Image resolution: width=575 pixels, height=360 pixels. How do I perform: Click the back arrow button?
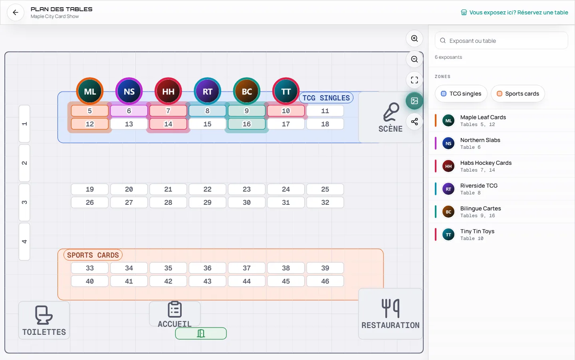point(16,12)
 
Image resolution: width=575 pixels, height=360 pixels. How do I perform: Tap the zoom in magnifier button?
point(414,38)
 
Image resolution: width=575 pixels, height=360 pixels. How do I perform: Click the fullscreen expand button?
point(414,80)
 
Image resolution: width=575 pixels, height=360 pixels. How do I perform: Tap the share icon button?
point(414,122)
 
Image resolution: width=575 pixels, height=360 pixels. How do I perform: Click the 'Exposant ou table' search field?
point(501,41)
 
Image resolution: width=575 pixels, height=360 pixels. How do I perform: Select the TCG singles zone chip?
point(461,94)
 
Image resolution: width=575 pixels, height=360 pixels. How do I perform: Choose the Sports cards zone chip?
point(518,94)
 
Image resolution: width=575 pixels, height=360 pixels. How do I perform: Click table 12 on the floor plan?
point(89,124)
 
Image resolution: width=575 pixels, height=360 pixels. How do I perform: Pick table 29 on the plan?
point(207,202)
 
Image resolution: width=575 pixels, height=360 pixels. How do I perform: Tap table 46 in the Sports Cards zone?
point(325,281)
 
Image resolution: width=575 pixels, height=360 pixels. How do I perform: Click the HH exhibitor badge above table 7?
point(168,91)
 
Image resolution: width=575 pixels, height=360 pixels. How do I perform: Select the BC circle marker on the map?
point(247,91)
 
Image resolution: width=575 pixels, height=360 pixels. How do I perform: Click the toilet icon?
point(44,315)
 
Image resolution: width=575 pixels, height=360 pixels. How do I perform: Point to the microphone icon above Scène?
point(391,112)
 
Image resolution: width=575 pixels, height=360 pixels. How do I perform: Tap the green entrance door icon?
point(201,334)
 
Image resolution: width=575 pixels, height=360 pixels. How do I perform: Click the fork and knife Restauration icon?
point(391,308)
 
